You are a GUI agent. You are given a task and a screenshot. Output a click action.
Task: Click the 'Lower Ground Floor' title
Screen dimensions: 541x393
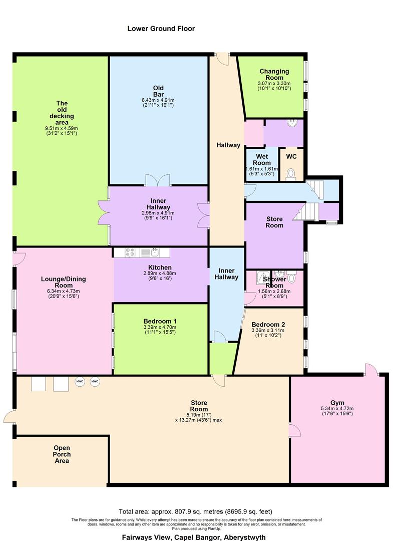[x=161, y=29]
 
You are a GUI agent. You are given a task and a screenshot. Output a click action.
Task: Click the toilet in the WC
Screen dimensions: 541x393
[x=290, y=174]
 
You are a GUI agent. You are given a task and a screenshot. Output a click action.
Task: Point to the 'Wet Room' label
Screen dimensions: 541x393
[x=261, y=160]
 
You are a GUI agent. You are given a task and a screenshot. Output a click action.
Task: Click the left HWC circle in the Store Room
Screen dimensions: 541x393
[x=80, y=382]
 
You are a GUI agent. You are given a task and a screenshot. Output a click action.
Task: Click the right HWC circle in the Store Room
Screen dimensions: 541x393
[x=95, y=382]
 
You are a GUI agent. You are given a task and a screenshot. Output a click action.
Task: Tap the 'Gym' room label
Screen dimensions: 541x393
[x=337, y=403]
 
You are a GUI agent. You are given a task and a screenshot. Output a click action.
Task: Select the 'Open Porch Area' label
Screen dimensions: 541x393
[x=62, y=454]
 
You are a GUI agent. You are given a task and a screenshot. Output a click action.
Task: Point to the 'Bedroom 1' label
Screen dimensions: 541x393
[x=160, y=321]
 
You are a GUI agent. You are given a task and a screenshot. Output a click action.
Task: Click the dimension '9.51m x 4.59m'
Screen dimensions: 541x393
[x=61, y=128]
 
